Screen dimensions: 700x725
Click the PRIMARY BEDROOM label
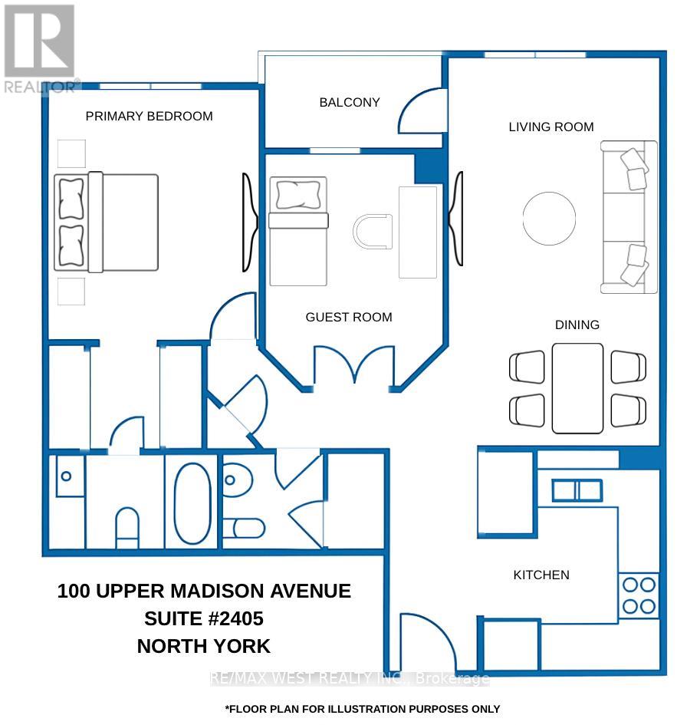tap(149, 116)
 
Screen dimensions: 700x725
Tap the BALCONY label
tap(350, 102)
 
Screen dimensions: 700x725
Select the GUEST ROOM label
tap(349, 317)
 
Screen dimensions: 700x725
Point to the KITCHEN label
tap(541, 575)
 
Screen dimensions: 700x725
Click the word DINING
tap(577, 325)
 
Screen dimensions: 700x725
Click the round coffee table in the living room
tap(549, 218)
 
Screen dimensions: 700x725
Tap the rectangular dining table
tap(577, 388)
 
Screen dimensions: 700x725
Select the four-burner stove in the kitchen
tap(639, 595)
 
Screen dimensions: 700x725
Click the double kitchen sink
tap(577, 490)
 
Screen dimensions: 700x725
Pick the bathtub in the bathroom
tap(192, 503)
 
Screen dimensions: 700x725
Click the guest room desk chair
tap(373, 231)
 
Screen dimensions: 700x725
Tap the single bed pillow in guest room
tap(298, 195)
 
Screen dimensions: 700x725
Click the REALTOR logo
tap(40, 48)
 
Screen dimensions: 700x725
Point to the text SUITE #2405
tap(204, 618)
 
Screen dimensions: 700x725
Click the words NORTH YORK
tap(204, 646)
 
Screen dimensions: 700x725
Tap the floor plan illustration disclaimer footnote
tap(362, 709)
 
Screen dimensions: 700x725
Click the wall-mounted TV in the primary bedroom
tap(250, 222)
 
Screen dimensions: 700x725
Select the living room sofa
tap(629, 217)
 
